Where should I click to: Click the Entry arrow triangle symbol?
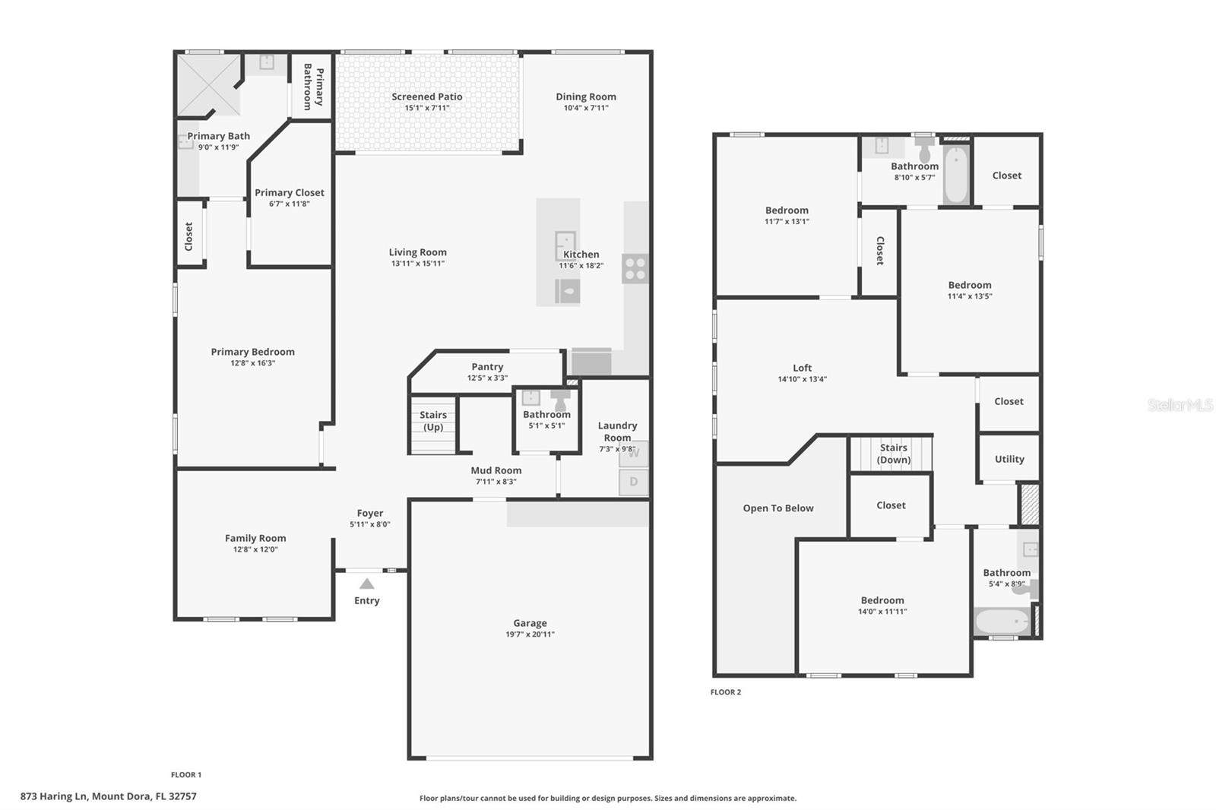tap(367, 584)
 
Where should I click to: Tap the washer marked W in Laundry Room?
tap(633, 454)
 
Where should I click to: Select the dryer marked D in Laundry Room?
tap(633, 482)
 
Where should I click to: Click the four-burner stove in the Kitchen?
tap(635, 268)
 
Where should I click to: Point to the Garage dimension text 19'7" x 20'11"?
tap(530, 634)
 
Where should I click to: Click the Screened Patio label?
tap(426, 97)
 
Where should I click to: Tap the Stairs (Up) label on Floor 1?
tap(433, 421)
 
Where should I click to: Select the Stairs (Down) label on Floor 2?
tap(893, 454)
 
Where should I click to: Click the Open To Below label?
tap(778, 508)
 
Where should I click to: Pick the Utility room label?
tap(1009, 459)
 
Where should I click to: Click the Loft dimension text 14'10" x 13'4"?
tap(802, 379)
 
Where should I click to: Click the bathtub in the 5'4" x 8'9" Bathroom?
tap(1002, 622)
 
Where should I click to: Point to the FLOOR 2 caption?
tap(725, 692)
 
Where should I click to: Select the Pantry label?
tap(487, 366)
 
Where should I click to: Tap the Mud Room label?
tap(496, 470)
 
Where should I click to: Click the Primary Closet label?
tap(289, 193)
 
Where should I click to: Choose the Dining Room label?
tap(585, 97)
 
